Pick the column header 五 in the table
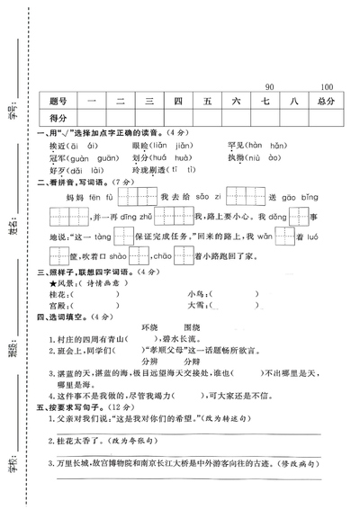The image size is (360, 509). point(207,101)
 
